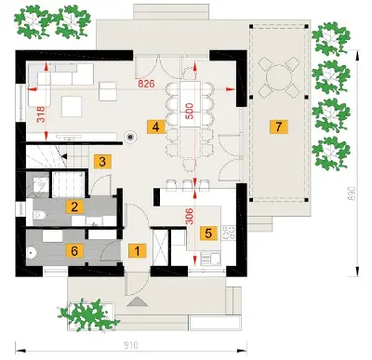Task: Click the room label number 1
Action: (x=137, y=250)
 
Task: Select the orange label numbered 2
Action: (x=74, y=207)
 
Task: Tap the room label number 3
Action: (x=102, y=161)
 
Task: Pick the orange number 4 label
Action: (x=155, y=127)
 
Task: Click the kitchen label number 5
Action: (x=208, y=233)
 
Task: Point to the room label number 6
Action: (x=74, y=251)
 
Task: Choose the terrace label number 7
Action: (x=279, y=127)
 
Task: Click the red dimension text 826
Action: (x=146, y=84)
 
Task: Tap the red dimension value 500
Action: (x=190, y=111)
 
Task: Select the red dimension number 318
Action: (x=41, y=114)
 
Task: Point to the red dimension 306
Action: (x=190, y=216)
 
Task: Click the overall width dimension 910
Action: (x=131, y=345)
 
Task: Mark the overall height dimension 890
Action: (x=353, y=193)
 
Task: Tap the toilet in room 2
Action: (x=40, y=214)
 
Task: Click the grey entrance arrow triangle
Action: (x=137, y=301)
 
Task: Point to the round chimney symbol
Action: (x=130, y=137)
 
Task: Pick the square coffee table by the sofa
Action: (x=72, y=106)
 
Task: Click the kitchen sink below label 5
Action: (x=211, y=259)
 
